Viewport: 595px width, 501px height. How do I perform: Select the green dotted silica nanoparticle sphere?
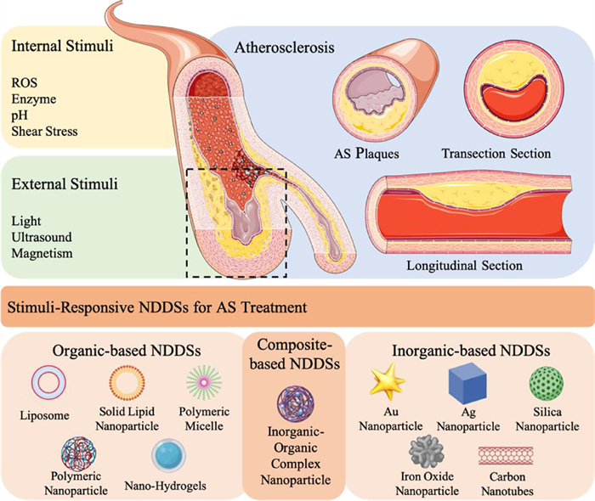pos(544,384)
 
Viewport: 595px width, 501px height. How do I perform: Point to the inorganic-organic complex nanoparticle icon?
pos(295,403)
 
